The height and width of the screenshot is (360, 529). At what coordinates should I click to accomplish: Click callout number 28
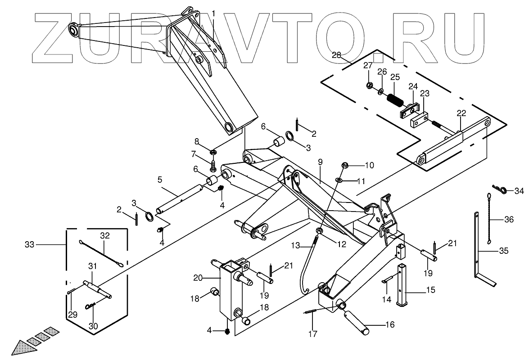[x=337, y=55]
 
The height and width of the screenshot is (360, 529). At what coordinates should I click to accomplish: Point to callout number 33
[x=30, y=245]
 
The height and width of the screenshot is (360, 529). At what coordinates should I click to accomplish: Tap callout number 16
[x=390, y=324]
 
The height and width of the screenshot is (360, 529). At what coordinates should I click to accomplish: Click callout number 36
[x=509, y=220]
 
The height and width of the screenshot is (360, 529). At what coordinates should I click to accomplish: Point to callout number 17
[x=312, y=333]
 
